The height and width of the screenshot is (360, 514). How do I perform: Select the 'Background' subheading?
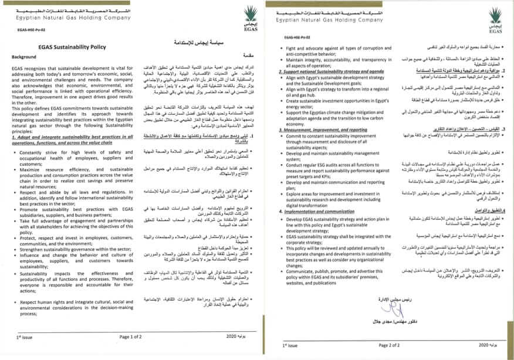(23, 57)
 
